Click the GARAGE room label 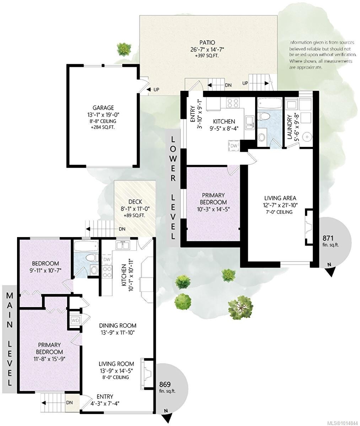103,108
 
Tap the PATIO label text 207,43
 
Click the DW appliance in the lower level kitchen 234,146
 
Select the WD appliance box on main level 75,320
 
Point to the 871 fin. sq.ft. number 328,238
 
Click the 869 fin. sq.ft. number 165,384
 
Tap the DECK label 135,202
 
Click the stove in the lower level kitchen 233,103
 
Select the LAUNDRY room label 290,127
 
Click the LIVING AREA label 280,198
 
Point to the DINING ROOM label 118,325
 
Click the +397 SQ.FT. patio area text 207,56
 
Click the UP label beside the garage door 156,89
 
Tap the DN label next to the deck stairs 122,229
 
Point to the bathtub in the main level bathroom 86,246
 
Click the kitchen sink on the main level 122,245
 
